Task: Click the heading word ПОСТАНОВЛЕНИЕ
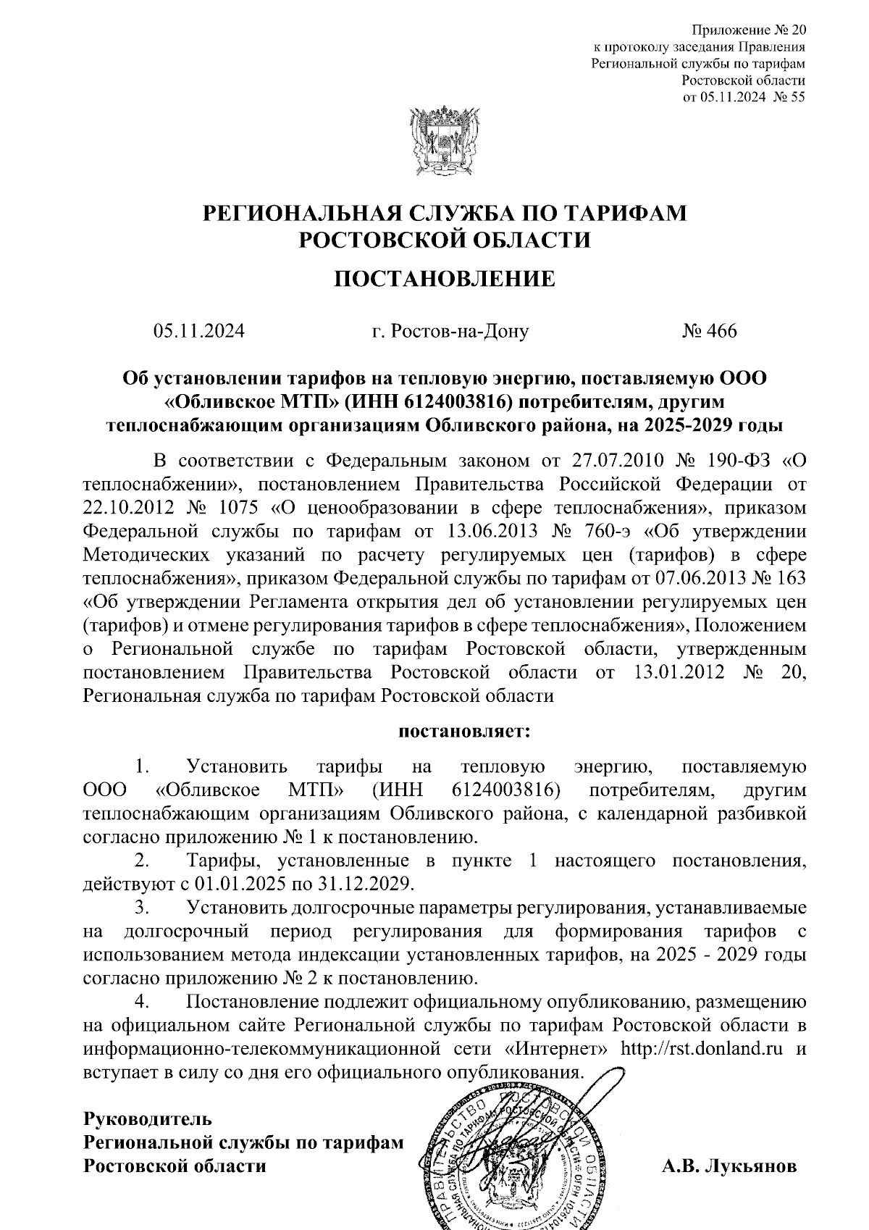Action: (444, 279)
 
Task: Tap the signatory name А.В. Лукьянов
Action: (729, 1166)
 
